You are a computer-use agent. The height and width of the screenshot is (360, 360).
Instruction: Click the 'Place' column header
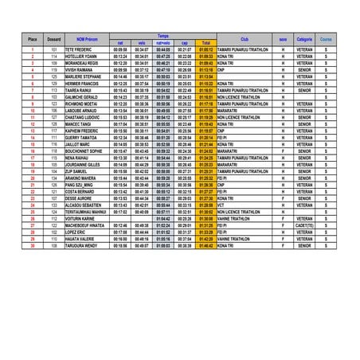(x=33, y=39)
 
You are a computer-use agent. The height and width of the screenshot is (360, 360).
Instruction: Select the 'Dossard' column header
(x=54, y=39)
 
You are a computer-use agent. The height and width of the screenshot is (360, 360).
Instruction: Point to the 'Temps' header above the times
(x=162, y=36)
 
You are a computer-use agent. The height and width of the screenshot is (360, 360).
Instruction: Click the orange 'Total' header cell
(x=205, y=43)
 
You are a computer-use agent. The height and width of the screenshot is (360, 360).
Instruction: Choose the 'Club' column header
(x=244, y=39)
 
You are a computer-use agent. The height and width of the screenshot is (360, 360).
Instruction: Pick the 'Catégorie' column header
(x=304, y=39)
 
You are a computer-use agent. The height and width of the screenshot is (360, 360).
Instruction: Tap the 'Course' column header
(x=327, y=39)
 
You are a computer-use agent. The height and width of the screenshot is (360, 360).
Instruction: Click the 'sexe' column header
(x=284, y=39)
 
